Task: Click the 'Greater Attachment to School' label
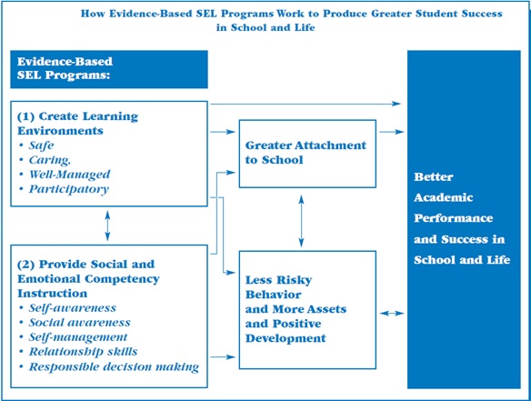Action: [x=306, y=153]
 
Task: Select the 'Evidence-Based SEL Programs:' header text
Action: [x=65, y=68]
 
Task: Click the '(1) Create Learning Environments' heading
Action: [x=77, y=124]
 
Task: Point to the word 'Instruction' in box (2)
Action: [x=52, y=294]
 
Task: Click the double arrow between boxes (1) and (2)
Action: [x=107, y=226]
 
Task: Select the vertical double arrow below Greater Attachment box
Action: [x=301, y=221]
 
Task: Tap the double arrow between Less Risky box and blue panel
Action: [x=392, y=314]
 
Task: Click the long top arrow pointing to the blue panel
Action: [x=306, y=104]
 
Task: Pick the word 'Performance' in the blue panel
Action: [x=453, y=218]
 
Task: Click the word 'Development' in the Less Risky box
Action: [x=286, y=338]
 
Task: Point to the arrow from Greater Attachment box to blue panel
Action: [x=392, y=132]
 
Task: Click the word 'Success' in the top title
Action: [x=482, y=14]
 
